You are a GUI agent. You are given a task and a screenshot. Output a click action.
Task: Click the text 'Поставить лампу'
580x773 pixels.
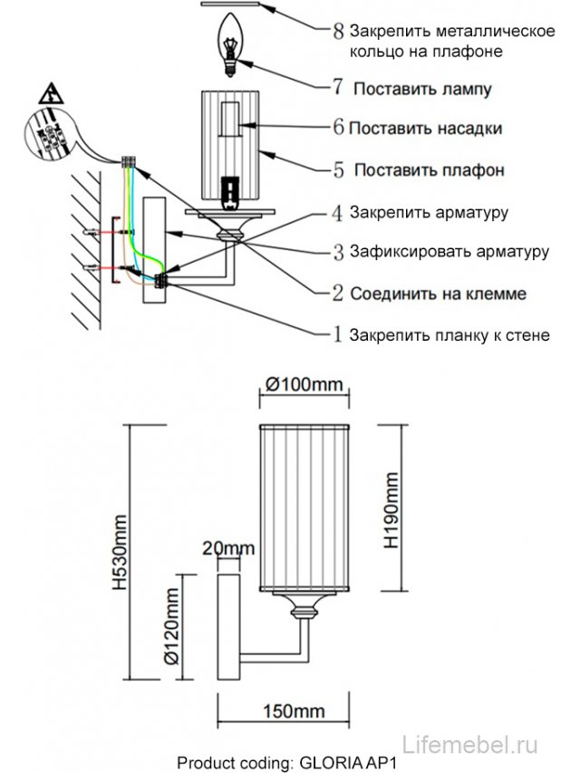coord(422,90)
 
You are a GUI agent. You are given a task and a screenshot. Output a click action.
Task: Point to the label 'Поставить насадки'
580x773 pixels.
coord(425,129)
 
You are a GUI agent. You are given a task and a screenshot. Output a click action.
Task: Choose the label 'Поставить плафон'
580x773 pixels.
coord(429,170)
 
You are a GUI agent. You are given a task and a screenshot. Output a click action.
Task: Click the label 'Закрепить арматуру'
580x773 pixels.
coord(429,213)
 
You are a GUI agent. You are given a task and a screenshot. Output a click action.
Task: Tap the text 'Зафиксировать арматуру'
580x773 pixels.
coord(449,251)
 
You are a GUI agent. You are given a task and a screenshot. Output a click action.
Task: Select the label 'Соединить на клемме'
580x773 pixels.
coord(439,294)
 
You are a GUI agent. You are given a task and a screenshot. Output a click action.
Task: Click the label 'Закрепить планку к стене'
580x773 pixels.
coord(449,334)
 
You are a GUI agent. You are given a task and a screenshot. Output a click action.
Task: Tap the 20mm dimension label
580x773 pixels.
coord(227,548)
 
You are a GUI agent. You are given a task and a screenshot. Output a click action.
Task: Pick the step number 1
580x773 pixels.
coord(337,335)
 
